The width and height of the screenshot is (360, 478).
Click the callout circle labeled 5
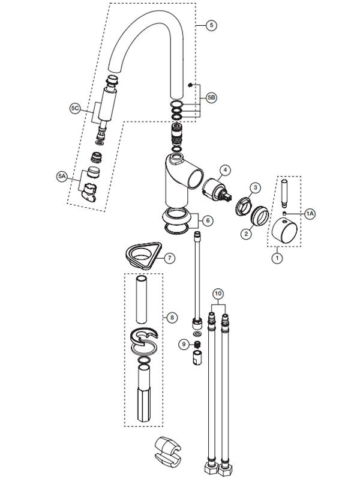pyautogui.click(x=211, y=25)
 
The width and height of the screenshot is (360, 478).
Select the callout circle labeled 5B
pyautogui.click(x=211, y=96)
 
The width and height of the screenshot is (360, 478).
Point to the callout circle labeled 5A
pyautogui.click(x=62, y=176)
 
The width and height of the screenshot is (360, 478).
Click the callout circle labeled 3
pyautogui.click(x=254, y=188)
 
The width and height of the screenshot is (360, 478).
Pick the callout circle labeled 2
pyautogui.click(x=245, y=235)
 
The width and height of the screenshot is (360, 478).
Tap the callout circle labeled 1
pyautogui.click(x=277, y=258)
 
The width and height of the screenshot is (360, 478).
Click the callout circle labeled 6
pyautogui.click(x=208, y=220)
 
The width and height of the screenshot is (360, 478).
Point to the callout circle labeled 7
pyautogui.click(x=170, y=258)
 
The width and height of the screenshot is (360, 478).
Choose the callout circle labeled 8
pyautogui.click(x=172, y=316)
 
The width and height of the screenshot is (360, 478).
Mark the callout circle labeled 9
pyautogui.click(x=184, y=343)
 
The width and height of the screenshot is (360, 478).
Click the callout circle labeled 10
pyautogui.click(x=218, y=293)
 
